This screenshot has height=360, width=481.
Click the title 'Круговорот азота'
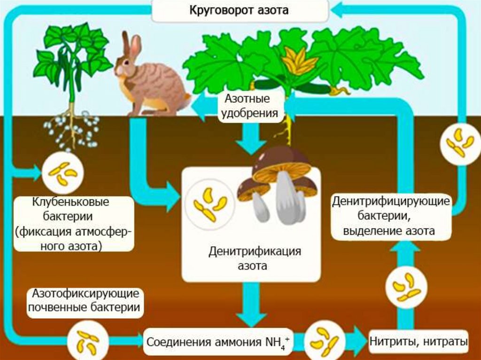tap(239, 10)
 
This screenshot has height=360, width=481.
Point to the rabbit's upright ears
tap(131, 45)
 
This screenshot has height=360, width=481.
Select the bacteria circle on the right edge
tap(459, 141)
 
